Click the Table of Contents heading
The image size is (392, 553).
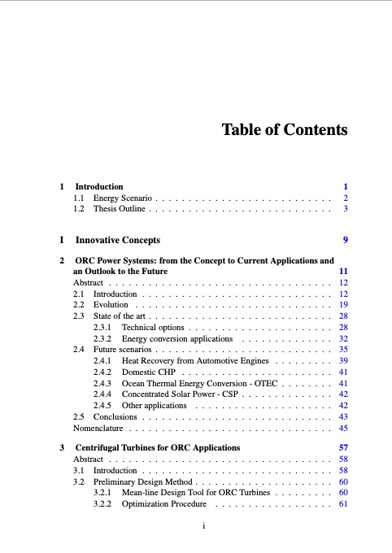pos(285,130)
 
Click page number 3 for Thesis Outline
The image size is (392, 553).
pos(346,209)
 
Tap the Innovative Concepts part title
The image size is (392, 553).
pos(118,241)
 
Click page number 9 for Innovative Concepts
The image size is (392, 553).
pos(346,241)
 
